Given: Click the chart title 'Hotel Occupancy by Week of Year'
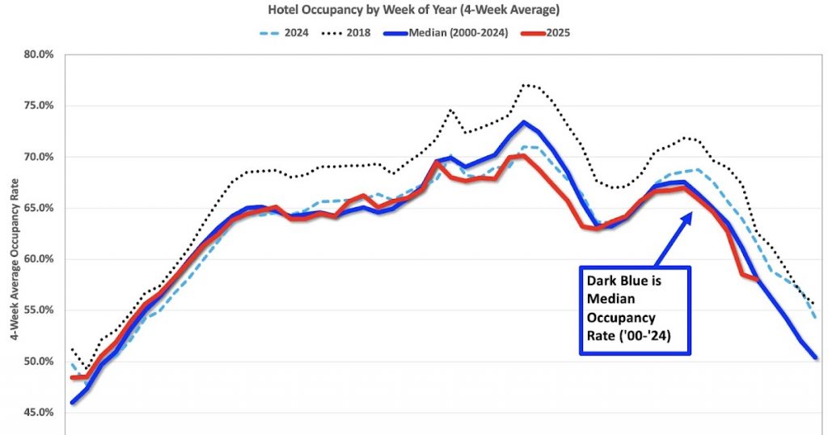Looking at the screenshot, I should (413, 11).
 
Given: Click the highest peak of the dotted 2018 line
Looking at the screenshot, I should (525, 84).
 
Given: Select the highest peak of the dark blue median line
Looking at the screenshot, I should (523, 122).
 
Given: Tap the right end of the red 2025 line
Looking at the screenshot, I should (758, 279).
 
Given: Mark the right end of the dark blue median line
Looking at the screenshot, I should (815, 357).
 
